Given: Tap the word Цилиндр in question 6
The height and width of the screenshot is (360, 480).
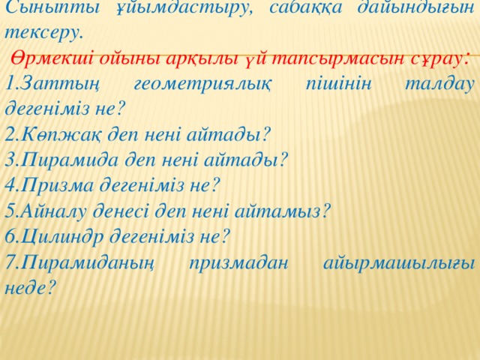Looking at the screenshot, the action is [63, 237].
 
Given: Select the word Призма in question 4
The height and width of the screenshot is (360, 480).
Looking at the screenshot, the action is [58, 185].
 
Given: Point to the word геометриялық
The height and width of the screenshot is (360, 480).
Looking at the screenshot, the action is [202, 84].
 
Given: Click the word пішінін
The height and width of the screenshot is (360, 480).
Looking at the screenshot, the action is [338, 83].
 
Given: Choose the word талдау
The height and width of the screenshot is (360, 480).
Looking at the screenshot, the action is [439, 84].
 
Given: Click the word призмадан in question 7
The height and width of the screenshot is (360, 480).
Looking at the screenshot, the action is [238, 263].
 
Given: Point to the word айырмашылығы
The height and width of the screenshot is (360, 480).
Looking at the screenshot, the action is [399, 263].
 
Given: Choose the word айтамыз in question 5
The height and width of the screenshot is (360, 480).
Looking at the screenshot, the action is [277, 211].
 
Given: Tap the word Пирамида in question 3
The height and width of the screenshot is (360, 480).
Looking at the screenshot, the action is [70, 160].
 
